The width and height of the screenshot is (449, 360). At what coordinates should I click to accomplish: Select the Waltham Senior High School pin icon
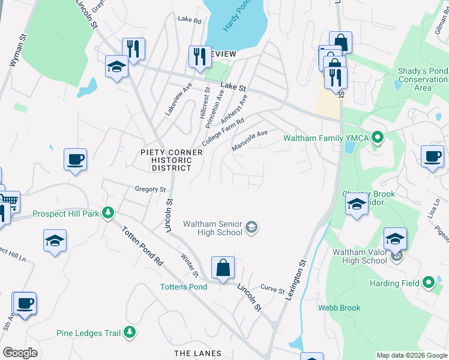[252, 227]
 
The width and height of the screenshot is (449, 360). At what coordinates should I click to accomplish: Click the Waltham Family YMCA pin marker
[377, 139]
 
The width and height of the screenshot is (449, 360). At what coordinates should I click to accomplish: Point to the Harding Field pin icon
[428, 282]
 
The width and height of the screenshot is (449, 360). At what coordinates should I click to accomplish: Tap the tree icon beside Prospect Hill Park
[108, 212]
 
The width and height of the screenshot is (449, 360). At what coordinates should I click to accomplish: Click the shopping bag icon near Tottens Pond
[223, 268]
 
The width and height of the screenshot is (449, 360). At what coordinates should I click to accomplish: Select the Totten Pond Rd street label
[142, 247]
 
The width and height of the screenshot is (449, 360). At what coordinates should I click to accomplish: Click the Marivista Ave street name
[249, 140]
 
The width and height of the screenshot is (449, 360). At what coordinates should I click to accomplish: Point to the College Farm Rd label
[223, 131]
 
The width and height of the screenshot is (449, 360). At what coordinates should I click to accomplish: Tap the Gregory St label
[150, 189]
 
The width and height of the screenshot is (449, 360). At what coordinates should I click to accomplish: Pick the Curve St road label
[273, 290]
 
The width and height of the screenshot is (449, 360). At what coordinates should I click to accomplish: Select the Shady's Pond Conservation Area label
[423, 79]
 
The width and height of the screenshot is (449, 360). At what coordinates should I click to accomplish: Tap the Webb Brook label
[339, 308]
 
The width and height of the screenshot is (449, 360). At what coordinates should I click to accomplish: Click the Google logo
[20, 353]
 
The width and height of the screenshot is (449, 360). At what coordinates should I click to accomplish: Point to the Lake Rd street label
[189, 19]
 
